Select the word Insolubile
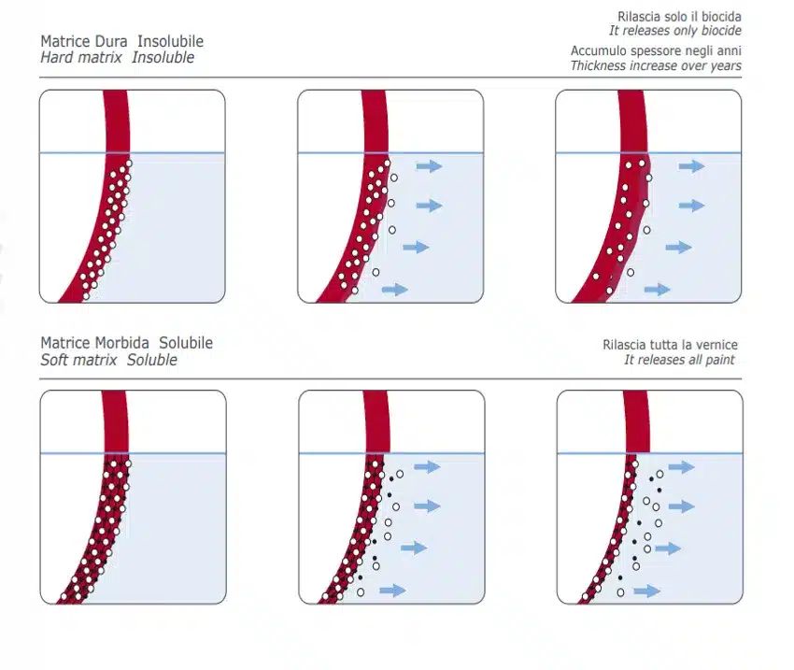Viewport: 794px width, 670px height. click(x=171, y=41)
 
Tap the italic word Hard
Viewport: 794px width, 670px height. click(x=57, y=57)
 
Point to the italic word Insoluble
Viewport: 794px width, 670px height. click(x=163, y=57)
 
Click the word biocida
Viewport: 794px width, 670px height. click(x=721, y=17)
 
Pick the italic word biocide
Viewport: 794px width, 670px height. click(x=721, y=31)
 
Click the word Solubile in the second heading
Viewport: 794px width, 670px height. click(x=186, y=343)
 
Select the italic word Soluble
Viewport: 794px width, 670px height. click(x=152, y=360)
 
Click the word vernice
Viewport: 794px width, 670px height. click(x=717, y=345)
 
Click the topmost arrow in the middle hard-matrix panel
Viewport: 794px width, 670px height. click(x=430, y=166)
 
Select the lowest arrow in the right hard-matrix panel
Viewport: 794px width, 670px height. click(x=658, y=290)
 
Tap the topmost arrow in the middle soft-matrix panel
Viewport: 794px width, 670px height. click(x=428, y=467)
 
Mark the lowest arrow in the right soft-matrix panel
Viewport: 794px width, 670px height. click(x=647, y=591)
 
